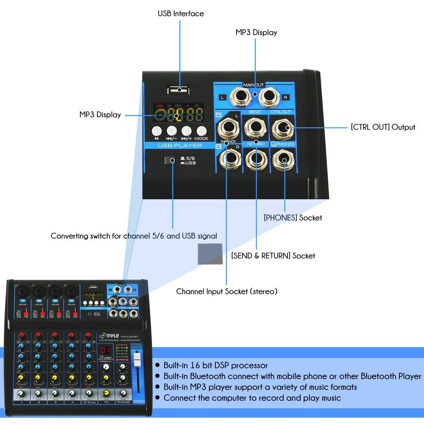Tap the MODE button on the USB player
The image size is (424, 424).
click(201, 131)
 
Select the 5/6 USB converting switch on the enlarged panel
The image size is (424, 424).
click(170, 160)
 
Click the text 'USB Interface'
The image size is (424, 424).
click(181, 14)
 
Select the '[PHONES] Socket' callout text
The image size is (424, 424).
click(293, 218)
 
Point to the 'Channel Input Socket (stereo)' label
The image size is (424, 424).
click(226, 291)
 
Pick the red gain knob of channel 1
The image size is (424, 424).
click(22, 336)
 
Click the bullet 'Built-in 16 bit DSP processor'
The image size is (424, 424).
click(215, 365)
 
